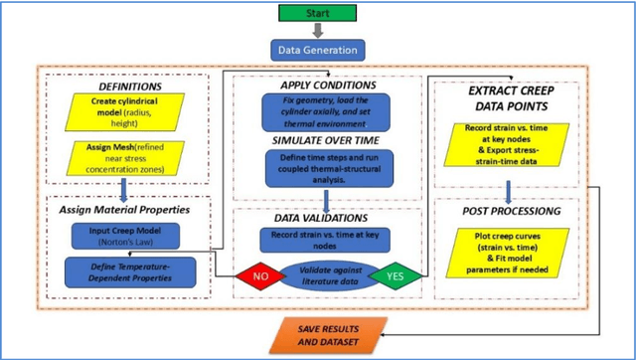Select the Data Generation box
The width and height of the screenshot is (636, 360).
click(319, 50)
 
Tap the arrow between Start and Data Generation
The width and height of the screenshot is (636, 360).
click(318, 31)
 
